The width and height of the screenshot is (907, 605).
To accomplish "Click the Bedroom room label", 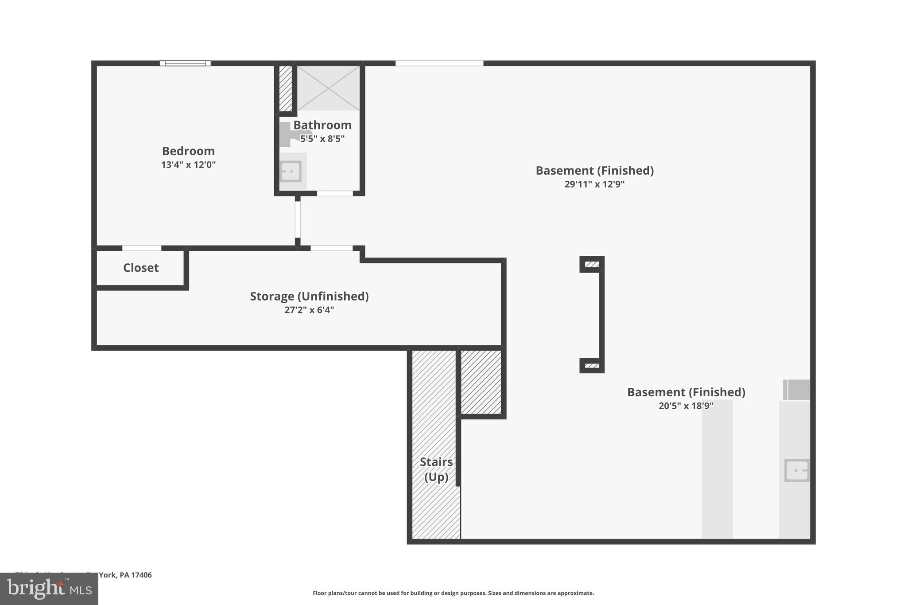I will pos(188,151).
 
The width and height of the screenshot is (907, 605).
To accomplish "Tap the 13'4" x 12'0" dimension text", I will pos(188,165).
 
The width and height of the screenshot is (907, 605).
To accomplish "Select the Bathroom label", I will pos(322,125).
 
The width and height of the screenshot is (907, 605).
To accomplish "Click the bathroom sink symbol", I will pos(291,171).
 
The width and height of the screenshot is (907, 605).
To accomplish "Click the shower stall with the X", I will pos(328,88).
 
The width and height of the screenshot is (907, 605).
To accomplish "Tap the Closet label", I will pos(141,268).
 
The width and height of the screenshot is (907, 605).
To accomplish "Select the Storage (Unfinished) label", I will pos(309,296).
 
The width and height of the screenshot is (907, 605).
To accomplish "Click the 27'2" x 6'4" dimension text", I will pos(309,310).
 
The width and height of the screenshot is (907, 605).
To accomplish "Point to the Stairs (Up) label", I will pos(436,469).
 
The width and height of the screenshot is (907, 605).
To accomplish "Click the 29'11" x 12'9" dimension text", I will pos(594,184).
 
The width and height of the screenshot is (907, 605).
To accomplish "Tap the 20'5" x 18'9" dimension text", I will pos(686,406).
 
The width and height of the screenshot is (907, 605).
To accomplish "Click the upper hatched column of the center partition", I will pos(592,265).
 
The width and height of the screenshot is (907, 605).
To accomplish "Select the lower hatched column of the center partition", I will pos(592,366).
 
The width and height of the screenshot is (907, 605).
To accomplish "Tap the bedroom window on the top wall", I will pos(185,63).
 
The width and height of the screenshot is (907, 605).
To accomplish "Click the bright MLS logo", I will pos(49,589).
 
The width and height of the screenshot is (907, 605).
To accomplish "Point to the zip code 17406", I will pos(141,575).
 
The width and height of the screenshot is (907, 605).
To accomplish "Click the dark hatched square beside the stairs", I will pos(481,382).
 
